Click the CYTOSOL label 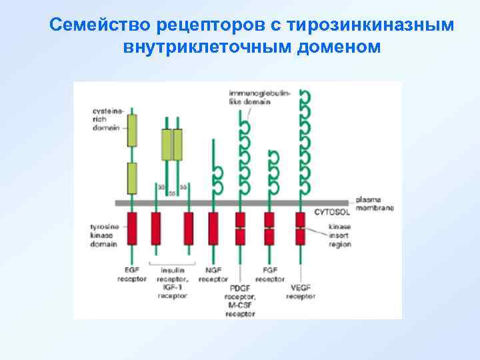click(x=329, y=213)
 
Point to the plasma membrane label click(x=374, y=203)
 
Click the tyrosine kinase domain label click(x=105, y=235)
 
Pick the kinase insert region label click(x=341, y=236)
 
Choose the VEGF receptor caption click(x=301, y=292)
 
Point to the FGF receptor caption click(x=270, y=275)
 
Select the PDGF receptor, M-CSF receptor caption click(x=240, y=301)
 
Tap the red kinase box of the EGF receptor click(x=132, y=229)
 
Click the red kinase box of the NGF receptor click(x=213, y=229)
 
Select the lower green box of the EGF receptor click(x=132, y=177)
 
